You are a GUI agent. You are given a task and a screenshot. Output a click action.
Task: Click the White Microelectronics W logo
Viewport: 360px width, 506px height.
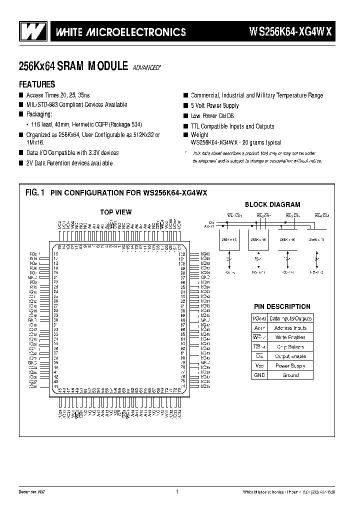click(x=31, y=32)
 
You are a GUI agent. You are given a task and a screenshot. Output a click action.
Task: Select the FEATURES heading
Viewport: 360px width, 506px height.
click(x=37, y=84)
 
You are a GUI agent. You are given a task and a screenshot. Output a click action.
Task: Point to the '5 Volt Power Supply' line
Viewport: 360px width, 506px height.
click(x=215, y=105)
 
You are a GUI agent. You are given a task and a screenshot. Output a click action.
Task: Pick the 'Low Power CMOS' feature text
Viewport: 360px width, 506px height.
click(x=212, y=116)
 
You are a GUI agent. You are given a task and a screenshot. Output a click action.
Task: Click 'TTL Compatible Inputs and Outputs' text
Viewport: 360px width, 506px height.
click(x=232, y=126)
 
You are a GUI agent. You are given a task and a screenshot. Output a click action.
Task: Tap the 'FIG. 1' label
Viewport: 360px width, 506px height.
click(x=35, y=192)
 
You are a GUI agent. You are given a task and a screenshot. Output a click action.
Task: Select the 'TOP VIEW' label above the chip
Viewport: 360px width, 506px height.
click(x=115, y=212)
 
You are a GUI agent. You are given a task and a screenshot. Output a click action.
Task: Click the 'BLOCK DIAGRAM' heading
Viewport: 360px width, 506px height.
click(x=272, y=204)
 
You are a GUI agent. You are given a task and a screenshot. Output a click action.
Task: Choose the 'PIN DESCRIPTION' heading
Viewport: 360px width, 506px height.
click(x=281, y=306)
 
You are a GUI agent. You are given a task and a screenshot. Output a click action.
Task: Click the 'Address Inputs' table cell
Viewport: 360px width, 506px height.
click(x=290, y=328)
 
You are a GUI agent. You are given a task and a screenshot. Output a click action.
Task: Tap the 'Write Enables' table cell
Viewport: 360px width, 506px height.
click(x=289, y=337)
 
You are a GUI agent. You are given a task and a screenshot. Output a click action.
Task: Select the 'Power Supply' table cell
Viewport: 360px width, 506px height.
click(x=290, y=365)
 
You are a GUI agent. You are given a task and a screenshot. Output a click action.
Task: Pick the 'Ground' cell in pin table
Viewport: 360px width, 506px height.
click(x=290, y=375)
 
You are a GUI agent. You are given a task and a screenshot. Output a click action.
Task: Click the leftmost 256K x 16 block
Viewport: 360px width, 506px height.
click(x=228, y=240)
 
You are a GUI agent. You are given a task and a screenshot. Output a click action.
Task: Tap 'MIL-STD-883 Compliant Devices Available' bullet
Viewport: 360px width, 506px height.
click(x=76, y=104)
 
